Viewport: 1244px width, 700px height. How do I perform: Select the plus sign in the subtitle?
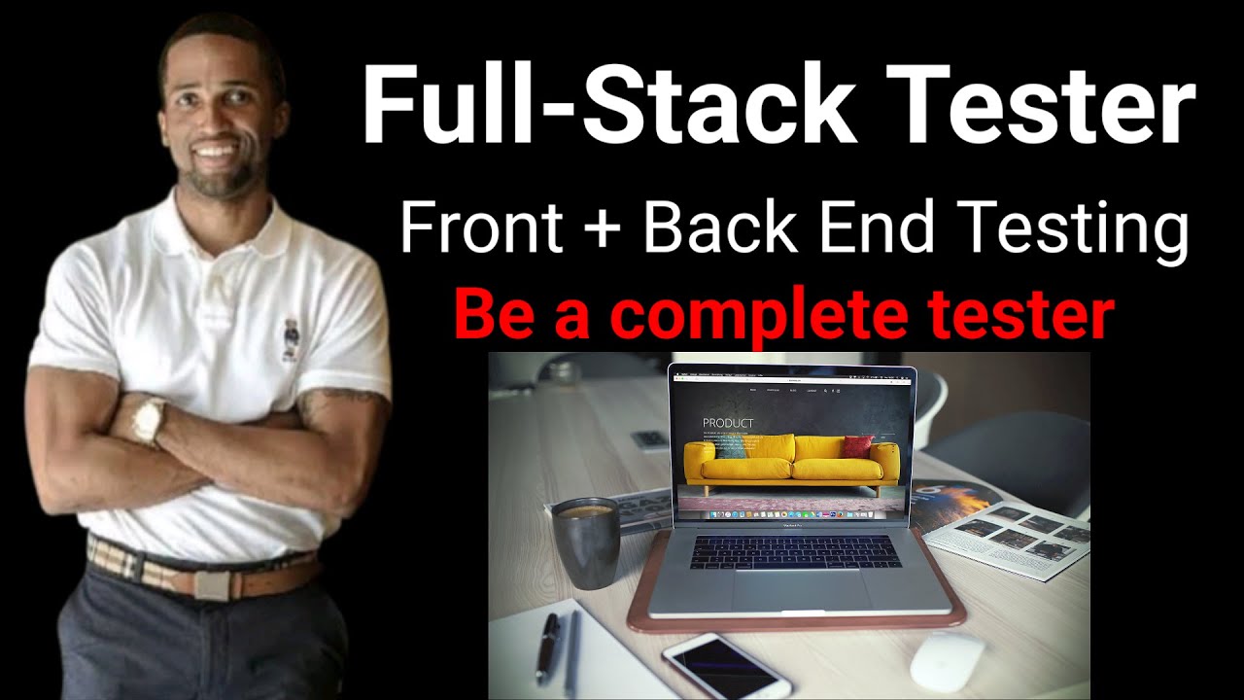pos(603,229)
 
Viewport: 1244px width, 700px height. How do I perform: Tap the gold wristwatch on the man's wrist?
pos(149,420)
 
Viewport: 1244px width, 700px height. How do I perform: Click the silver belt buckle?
pos(210,583)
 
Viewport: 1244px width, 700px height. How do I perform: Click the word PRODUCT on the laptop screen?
pos(727,424)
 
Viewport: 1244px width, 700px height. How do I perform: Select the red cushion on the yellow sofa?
pos(858,446)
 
